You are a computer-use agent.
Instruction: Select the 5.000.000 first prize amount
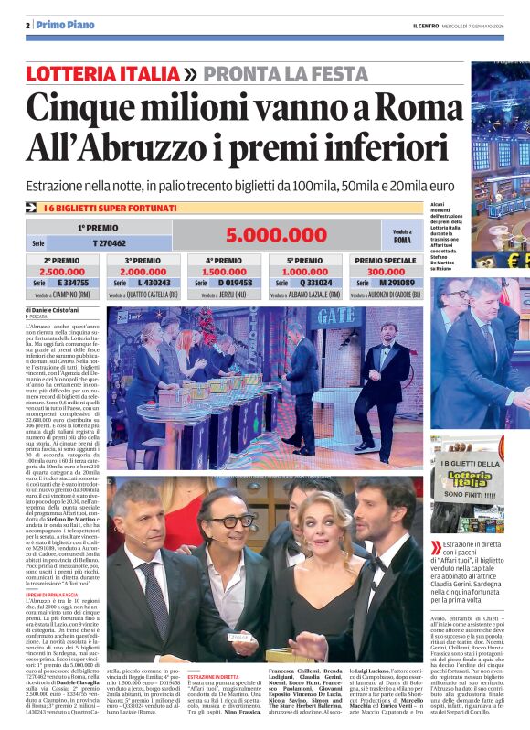[x=277, y=235]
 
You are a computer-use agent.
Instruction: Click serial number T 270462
[x=109, y=244]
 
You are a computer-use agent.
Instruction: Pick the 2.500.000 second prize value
[x=63, y=272]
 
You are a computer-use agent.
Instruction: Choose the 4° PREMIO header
[x=223, y=260]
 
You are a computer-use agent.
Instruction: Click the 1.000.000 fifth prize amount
[x=304, y=272]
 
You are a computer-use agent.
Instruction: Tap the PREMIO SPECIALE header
[x=387, y=260]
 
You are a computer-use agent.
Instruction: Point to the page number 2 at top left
[x=27, y=25]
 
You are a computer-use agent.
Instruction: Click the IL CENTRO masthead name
[x=426, y=25]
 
